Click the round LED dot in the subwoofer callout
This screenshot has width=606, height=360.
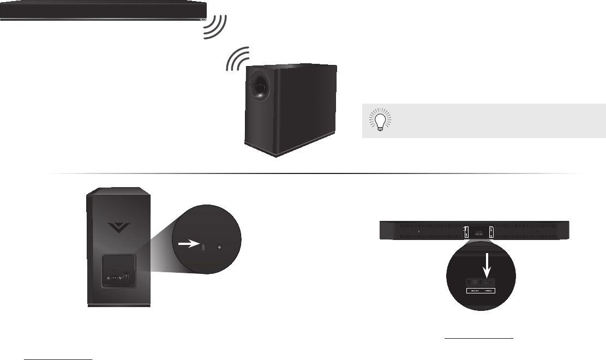[x=220, y=247]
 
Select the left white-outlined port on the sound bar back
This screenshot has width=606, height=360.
[x=465, y=232]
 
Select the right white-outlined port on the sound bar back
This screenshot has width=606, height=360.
[x=491, y=232]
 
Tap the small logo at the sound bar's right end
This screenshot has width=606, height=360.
[x=202, y=19]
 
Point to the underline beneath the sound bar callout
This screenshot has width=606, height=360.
[x=479, y=339]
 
